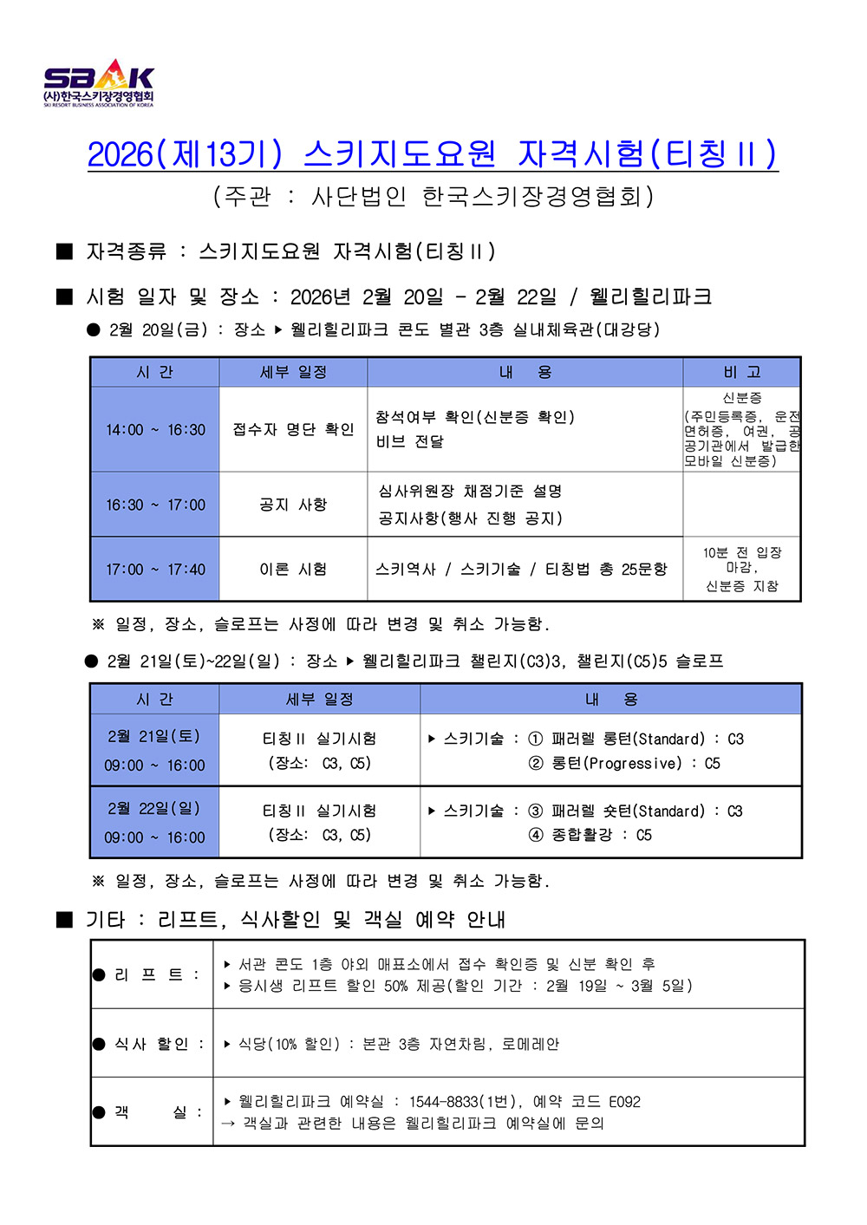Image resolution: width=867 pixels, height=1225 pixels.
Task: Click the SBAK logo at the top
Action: (x=99, y=83)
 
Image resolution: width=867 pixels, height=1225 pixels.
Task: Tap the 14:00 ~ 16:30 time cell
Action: (x=155, y=429)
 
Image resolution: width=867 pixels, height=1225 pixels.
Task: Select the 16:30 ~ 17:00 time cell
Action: (x=155, y=505)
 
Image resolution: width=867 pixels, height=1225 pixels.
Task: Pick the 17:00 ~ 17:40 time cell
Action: (x=155, y=570)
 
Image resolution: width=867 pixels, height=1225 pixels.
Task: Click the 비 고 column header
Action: (x=742, y=372)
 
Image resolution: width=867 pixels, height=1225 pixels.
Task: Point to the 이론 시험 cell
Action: (x=293, y=570)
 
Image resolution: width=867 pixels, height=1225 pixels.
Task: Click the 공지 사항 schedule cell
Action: (x=293, y=505)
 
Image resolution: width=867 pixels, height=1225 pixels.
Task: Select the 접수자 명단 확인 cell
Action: (x=293, y=429)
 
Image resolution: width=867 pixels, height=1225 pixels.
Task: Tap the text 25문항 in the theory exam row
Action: (x=644, y=570)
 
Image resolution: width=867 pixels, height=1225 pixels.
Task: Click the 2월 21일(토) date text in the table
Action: (x=154, y=736)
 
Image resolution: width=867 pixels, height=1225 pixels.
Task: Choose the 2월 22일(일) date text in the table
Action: (x=154, y=808)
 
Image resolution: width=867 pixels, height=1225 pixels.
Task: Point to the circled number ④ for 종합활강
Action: (x=536, y=835)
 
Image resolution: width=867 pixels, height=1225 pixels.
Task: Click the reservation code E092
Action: (x=624, y=1102)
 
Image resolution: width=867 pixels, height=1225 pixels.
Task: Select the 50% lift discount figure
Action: (x=396, y=986)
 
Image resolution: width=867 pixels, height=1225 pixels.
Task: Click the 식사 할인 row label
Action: (x=152, y=1044)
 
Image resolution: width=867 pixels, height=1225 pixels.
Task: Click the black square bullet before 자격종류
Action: (x=64, y=251)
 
